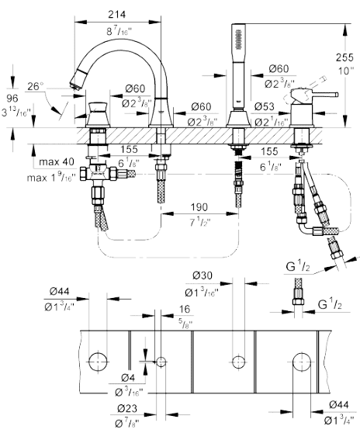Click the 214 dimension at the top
click(117, 14)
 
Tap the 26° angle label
click(36, 86)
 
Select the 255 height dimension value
click(344, 57)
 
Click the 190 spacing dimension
click(199, 206)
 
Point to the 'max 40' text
click(57, 161)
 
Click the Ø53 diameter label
click(265, 106)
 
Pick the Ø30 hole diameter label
click(202, 275)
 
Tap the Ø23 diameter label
click(127, 408)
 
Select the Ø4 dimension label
click(128, 377)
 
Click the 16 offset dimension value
click(185, 309)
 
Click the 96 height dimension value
click(12, 98)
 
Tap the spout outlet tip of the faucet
click(74, 83)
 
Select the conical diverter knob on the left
click(99, 114)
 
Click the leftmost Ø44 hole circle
click(98, 361)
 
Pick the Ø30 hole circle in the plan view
click(238, 362)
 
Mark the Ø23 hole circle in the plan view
click(161, 362)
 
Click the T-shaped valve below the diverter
click(98, 173)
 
